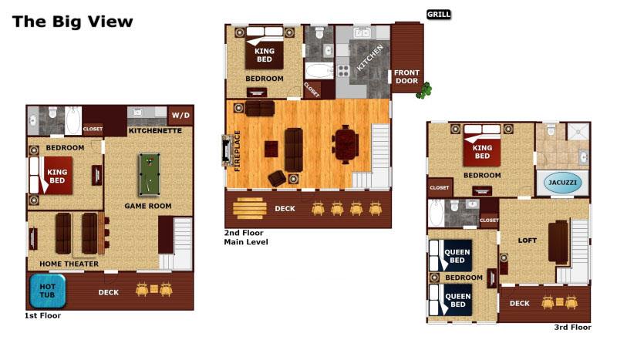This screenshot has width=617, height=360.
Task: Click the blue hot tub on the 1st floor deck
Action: tap(48, 291)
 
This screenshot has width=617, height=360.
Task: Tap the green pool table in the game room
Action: tap(150, 174)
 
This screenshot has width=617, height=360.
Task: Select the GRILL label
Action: tap(439, 15)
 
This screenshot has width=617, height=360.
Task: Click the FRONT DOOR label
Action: tap(407, 77)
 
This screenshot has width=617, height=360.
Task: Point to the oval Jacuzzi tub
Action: tap(562, 183)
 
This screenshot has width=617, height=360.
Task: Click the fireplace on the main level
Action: tap(227, 150)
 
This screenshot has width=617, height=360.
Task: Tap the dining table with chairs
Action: tap(346, 144)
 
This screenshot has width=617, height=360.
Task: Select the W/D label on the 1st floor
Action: tap(180, 116)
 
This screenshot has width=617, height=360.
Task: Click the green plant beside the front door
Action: tap(424, 90)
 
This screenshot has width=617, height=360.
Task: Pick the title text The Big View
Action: tap(72, 22)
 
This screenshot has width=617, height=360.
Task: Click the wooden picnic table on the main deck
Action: tap(249, 208)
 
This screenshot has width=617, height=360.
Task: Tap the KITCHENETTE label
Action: tap(155, 130)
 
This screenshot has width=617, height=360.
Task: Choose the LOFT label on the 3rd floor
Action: tap(528, 241)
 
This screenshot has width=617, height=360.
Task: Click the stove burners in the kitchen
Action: tap(343, 71)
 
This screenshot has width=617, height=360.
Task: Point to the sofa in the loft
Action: tap(558, 242)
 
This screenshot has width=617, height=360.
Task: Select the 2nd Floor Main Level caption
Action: tap(246, 237)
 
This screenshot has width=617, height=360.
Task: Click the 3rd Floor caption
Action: tap(572, 327)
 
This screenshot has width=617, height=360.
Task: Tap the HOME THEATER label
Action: tap(69, 264)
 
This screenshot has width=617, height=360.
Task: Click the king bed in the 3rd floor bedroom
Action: tap(482, 145)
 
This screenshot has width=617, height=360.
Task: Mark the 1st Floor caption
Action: tap(42, 315)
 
